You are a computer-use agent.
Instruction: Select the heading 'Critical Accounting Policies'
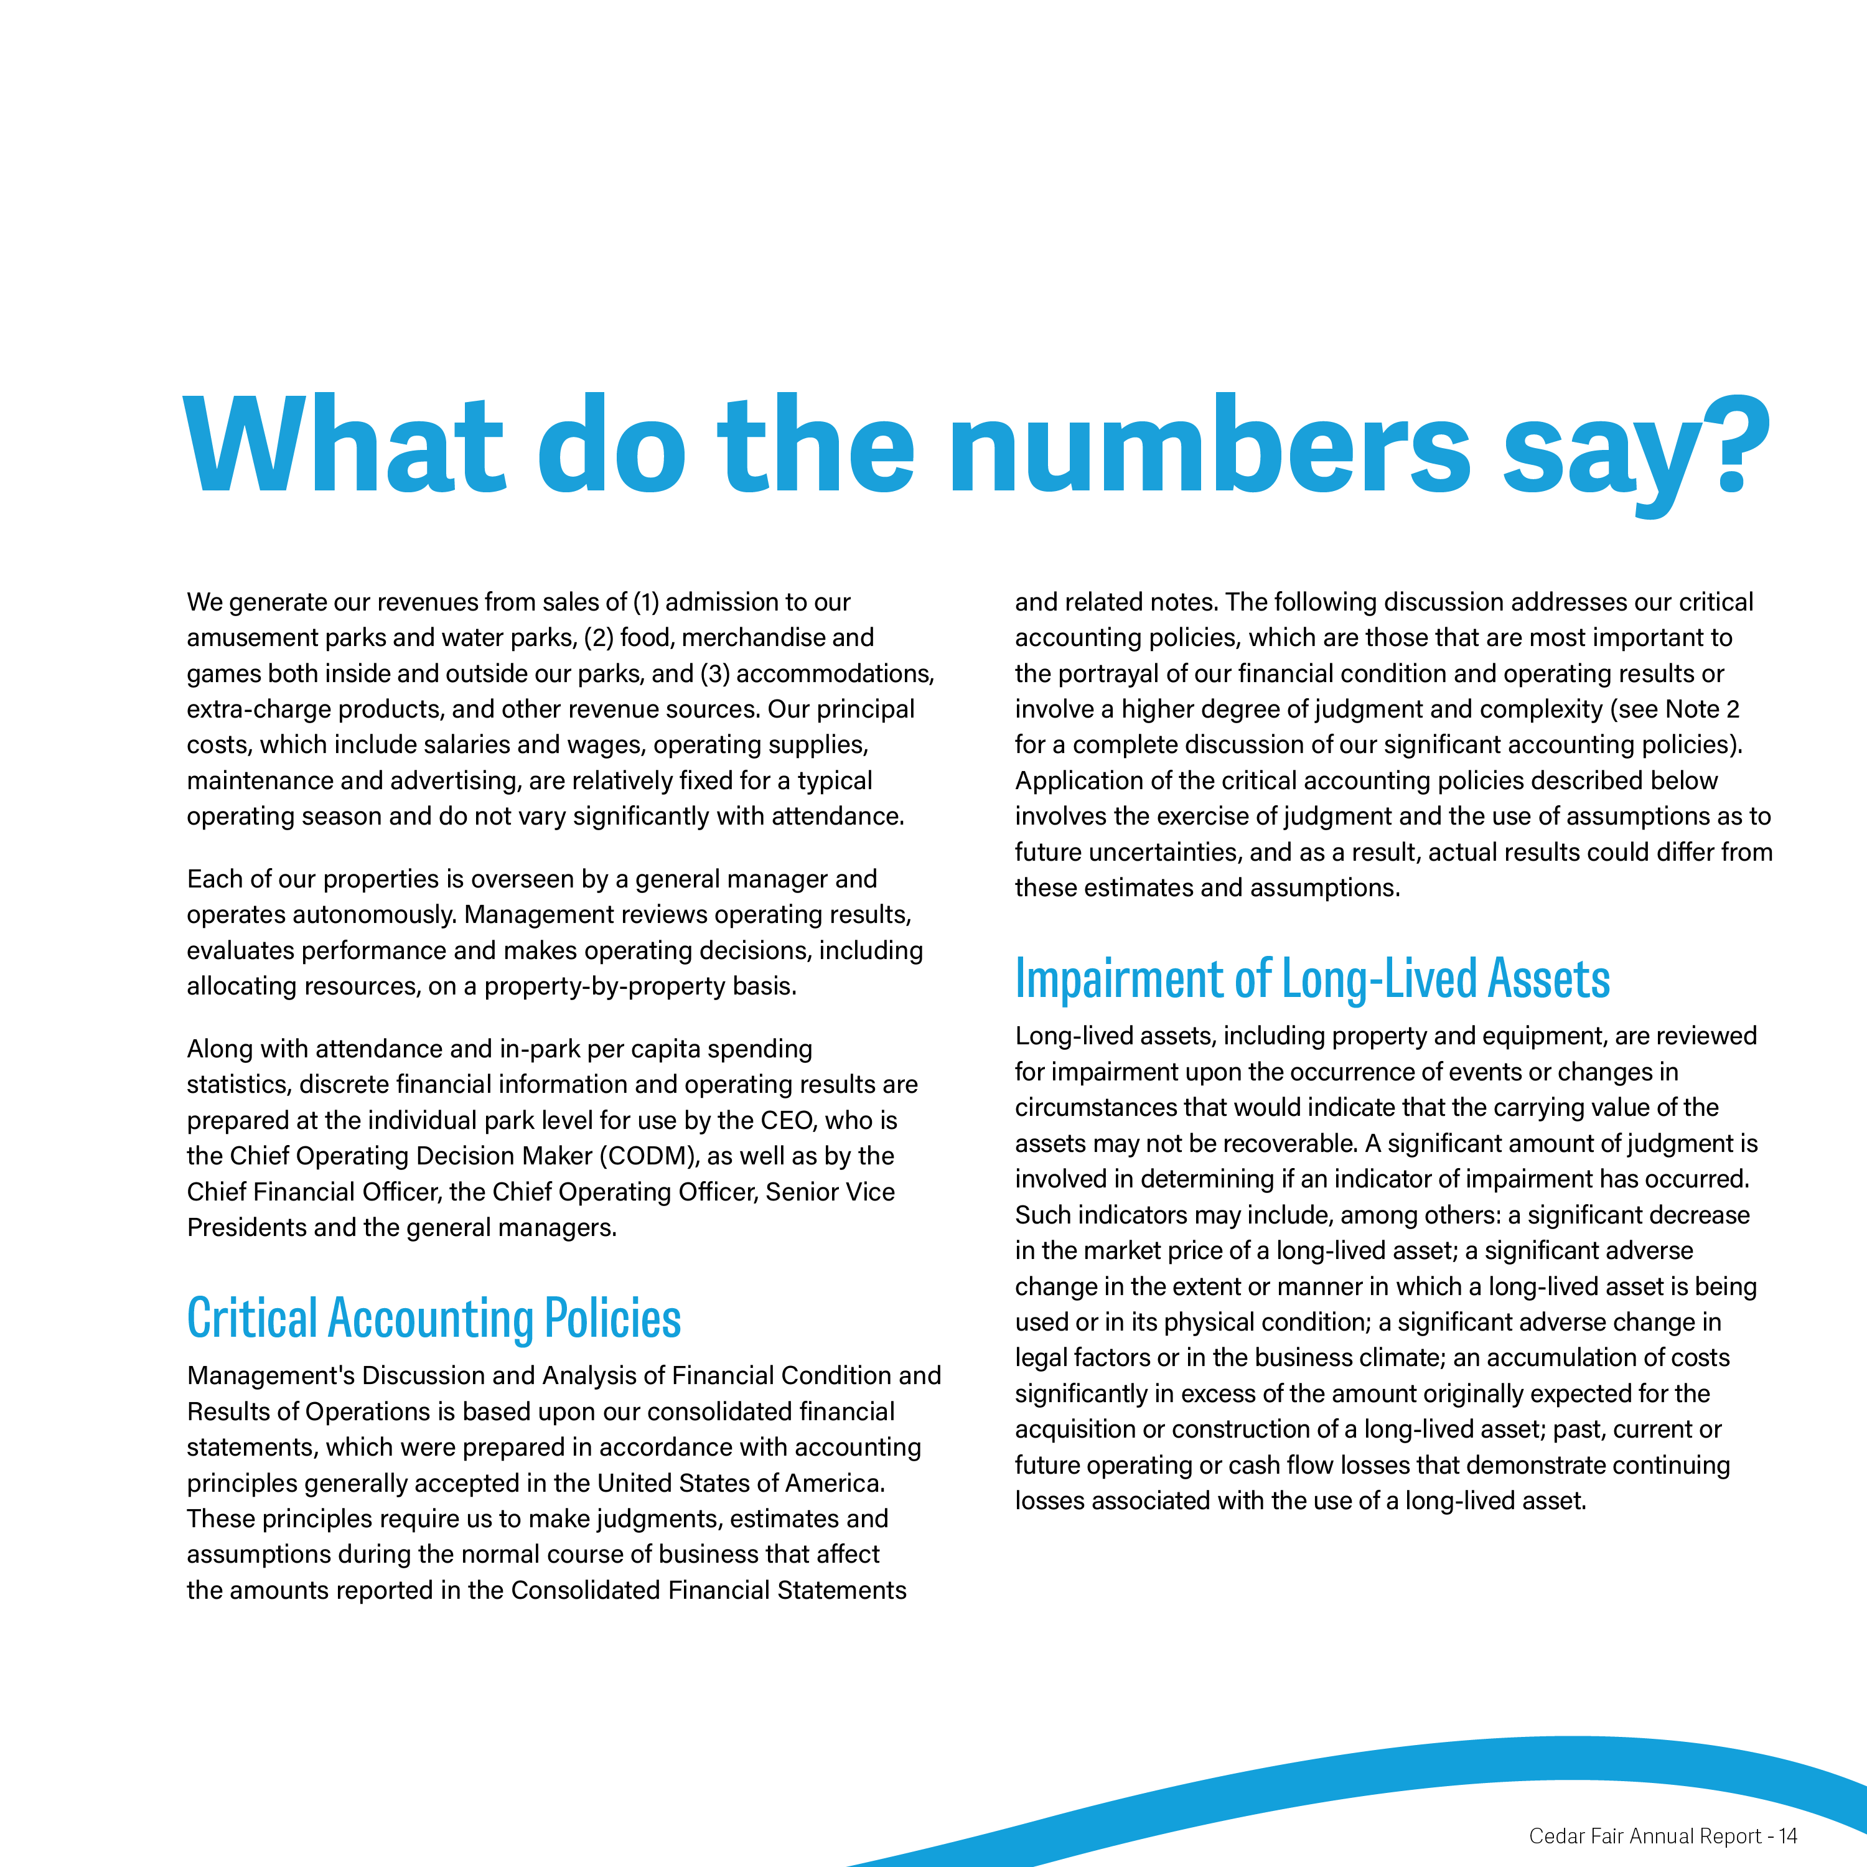pyautogui.click(x=434, y=1318)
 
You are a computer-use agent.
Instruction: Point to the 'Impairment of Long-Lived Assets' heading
pyautogui.click(x=1311, y=979)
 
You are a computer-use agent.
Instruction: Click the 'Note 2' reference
pyautogui.click(x=1703, y=709)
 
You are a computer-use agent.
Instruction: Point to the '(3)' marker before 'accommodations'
pyautogui.click(x=714, y=673)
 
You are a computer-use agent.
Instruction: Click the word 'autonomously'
pyautogui.click(x=373, y=914)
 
